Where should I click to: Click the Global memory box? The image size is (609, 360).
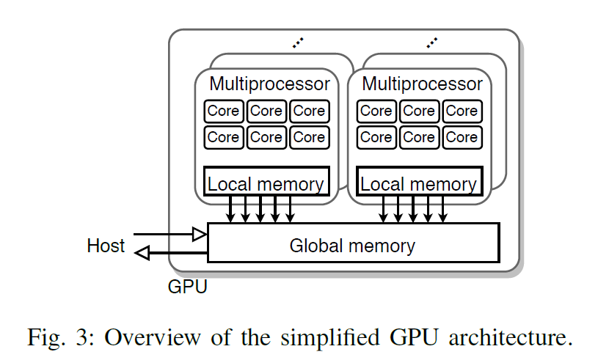(x=353, y=244)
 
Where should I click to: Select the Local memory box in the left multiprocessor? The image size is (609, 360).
(x=266, y=183)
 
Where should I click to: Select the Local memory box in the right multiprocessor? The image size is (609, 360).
(x=419, y=183)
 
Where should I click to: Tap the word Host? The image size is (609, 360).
(x=106, y=244)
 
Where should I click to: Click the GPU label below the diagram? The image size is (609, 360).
(x=188, y=286)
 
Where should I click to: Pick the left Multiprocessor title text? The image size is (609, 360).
(x=269, y=84)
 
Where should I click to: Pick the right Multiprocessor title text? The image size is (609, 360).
(x=423, y=84)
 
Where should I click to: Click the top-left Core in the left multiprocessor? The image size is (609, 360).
(x=223, y=111)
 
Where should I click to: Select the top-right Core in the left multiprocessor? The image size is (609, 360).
(x=309, y=111)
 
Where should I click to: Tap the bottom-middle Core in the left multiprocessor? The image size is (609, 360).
(x=266, y=137)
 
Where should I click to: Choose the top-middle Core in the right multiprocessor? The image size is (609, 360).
(x=419, y=111)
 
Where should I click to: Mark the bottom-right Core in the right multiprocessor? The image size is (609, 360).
(x=462, y=137)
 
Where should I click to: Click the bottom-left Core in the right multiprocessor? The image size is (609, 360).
(x=376, y=137)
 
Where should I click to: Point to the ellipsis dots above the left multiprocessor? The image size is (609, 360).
(x=296, y=43)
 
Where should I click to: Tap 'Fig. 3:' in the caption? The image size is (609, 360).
(x=61, y=338)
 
